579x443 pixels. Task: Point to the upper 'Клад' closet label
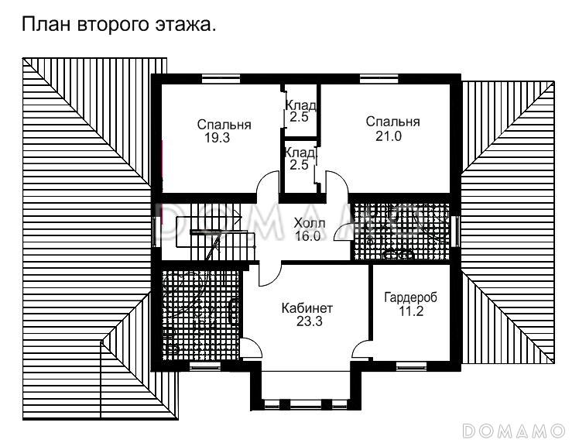299,105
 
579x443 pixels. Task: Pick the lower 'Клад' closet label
299,153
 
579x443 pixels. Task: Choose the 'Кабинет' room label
307,308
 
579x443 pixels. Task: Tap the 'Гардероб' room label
410,297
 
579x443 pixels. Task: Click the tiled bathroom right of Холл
400,231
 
